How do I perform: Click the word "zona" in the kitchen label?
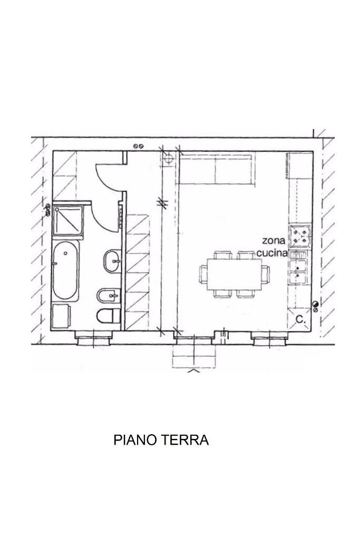pyautogui.click(x=274, y=240)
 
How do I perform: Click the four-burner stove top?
pyautogui.click(x=300, y=236)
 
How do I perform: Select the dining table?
pyautogui.click(x=235, y=275)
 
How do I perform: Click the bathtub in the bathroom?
pyautogui.click(x=66, y=270)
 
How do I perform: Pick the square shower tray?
pyautogui.click(x=68, y=221)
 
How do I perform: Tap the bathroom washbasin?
pyautogui.click(x=112, y=261)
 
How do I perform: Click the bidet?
pyautogui.click(x=108, y=295)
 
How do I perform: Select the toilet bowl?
pyautogui.click(x=108, y=316)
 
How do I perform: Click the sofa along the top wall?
pyautogui.click(x=217, y=169)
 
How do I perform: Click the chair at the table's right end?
pyautogui.click(x=266, y=274)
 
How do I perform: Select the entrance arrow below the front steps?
pyautogui.click(x=194, y=370)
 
